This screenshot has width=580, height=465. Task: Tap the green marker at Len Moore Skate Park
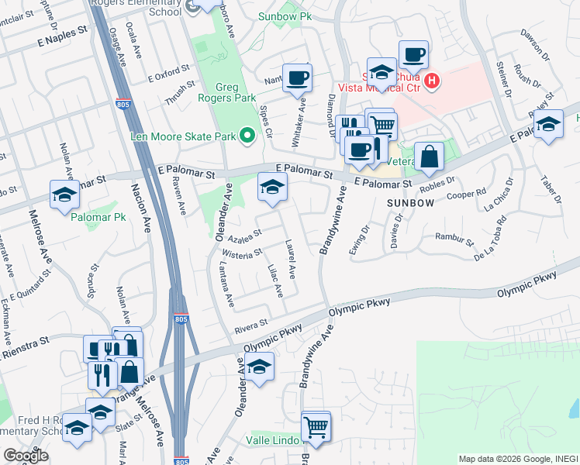pos(247,136)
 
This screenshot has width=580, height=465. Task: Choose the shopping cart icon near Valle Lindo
pos(315,425)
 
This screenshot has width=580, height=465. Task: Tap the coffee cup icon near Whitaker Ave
pos(297,77)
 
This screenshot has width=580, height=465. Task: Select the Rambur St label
pos(454,238)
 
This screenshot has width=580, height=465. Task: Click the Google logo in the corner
pos(26,455)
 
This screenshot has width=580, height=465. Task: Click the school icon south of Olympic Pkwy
pos(259,367)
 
